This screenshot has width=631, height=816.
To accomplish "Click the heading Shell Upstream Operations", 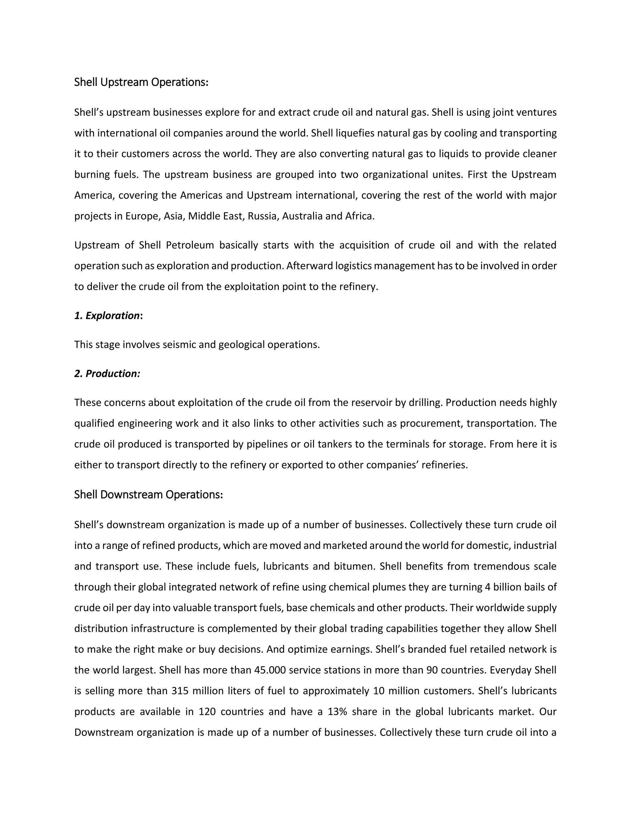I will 141,82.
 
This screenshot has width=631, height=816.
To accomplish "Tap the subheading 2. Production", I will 107,373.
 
